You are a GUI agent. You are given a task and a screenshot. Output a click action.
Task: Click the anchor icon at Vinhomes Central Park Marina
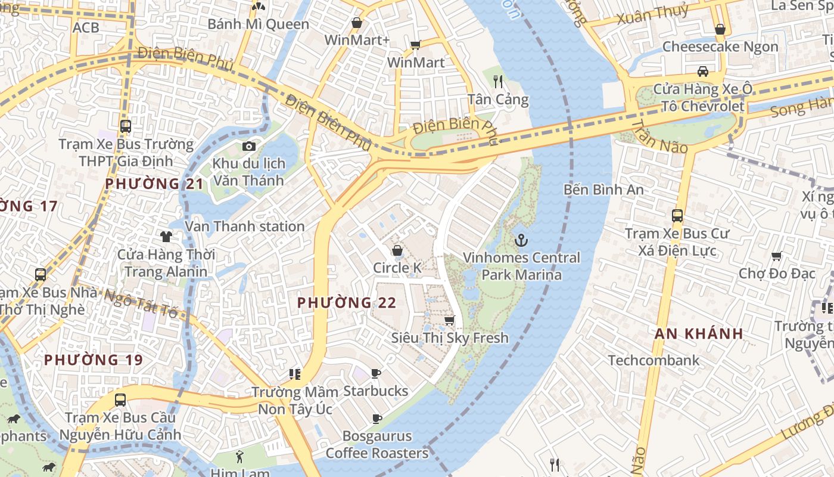tap(521, 240)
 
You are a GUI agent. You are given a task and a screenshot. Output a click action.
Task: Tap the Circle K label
tap(397, 268)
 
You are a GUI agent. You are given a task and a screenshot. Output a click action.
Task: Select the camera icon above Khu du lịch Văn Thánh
tap(249, 146)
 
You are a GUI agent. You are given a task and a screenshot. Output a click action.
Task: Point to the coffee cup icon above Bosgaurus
tap(376, 419)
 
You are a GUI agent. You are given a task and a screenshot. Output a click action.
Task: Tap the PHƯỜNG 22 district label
tap(347, 303)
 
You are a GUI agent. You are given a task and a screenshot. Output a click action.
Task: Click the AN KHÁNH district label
tap(699, 333)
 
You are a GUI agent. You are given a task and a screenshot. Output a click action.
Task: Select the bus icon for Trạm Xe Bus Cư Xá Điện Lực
tap(677, 216)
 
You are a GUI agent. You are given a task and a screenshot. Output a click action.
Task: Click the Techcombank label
tap(653, 360)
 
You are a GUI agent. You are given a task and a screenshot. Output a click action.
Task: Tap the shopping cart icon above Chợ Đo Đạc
tap(776, 256)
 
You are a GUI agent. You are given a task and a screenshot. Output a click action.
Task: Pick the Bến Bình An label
tap(603, 190)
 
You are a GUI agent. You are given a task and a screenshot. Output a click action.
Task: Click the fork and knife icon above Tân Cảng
tap(498, 82)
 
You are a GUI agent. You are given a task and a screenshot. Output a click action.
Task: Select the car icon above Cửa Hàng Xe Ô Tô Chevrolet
tap(703, 72)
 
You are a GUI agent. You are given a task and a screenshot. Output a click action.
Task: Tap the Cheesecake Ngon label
tap(720, 47)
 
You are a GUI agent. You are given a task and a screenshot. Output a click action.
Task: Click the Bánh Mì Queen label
tap(258, 24)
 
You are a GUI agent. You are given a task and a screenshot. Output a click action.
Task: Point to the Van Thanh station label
tap(245, 227)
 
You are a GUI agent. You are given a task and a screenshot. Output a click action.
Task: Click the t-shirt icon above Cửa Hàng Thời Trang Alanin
tap(166, 237)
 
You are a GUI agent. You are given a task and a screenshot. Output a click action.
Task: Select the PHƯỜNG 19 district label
tap(94, 360)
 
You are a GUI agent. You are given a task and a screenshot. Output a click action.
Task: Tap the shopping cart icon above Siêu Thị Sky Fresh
tap(450, 321)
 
